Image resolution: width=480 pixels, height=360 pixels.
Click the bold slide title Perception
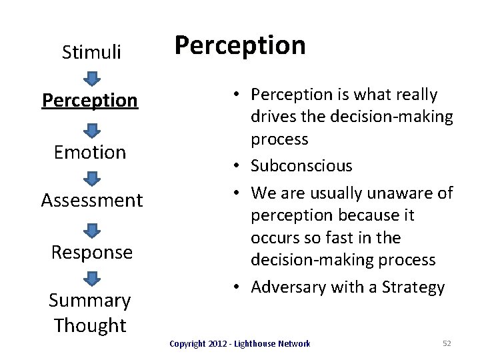coord(240,45)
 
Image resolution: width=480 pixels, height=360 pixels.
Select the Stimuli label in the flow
coord(91,51)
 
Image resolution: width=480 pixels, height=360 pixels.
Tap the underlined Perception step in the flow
coord(90,100)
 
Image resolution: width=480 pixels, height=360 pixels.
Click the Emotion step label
coord(91,152)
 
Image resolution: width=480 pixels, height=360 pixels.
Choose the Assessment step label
coord(91,200)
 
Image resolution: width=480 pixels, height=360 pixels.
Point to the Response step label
coord(91,252)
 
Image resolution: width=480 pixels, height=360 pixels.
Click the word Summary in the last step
coord(90,301)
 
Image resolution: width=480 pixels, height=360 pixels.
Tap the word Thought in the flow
coord(90,325)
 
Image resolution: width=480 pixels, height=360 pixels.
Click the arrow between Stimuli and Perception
coord(92,77)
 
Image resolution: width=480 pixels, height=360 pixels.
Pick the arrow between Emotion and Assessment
coord(92,177)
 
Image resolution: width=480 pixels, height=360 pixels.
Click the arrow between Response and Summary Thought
coord(92,277)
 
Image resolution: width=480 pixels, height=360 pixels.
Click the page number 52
coord(447,343)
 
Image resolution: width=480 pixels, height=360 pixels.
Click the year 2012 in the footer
coord(209,343)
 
